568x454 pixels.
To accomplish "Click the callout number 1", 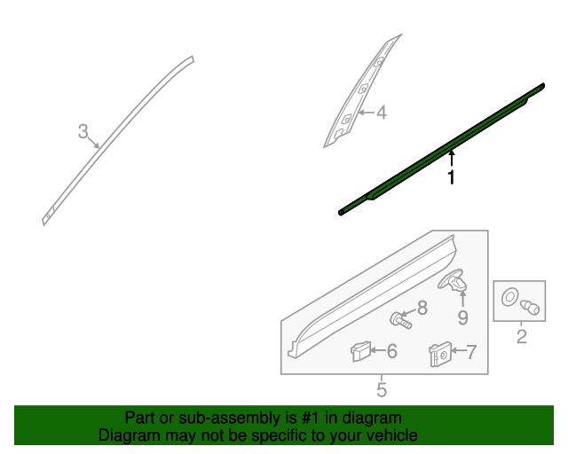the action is click(451, 177).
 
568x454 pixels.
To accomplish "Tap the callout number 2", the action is click(521, 337).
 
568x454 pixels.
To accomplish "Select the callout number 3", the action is click(83, 131).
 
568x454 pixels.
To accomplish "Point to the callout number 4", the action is click(382, 113).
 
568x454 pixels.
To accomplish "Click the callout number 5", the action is click(382, 390).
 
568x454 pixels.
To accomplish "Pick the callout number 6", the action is click(392, 351).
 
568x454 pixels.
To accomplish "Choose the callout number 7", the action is click(471, 352).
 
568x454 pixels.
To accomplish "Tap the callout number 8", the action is click(422, 308).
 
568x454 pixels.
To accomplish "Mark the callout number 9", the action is click(463, 317).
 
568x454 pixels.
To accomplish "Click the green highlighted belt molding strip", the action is click(442, 149).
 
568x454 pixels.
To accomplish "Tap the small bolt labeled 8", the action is click(400, 320).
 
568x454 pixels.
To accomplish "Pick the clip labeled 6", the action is click(360, 351).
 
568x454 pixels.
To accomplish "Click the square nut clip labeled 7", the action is click(440, 354).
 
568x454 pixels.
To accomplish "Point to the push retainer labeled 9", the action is click(453, 280).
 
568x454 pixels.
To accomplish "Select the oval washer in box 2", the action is click(509, 297).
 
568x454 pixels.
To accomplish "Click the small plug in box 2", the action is click(530, 308).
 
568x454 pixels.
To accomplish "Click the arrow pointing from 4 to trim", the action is click(367, 113).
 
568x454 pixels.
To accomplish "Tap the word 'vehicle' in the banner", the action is click(394, 435).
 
